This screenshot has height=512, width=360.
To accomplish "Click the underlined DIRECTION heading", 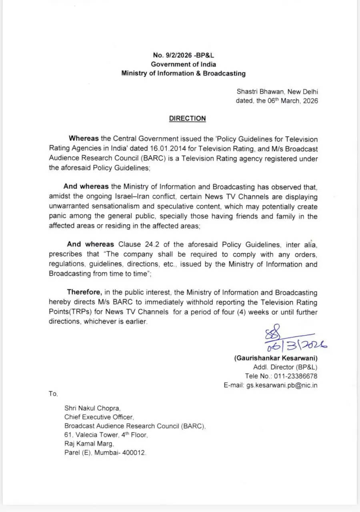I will pos(187,118).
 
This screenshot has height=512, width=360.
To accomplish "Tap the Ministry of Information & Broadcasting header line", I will pos(184,73).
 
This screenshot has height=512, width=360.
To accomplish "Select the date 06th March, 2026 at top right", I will pos(287,101).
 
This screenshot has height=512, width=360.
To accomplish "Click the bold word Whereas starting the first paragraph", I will pos(84,139).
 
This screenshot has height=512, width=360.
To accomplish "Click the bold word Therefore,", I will pos(84,292).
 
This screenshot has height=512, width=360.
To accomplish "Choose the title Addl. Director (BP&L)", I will pos(285,367).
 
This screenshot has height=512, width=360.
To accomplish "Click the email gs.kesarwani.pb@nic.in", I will pos(282,386).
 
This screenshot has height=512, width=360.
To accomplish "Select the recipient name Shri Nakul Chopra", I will pos(92,408).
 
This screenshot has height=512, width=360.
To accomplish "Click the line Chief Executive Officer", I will pos(99,417).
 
